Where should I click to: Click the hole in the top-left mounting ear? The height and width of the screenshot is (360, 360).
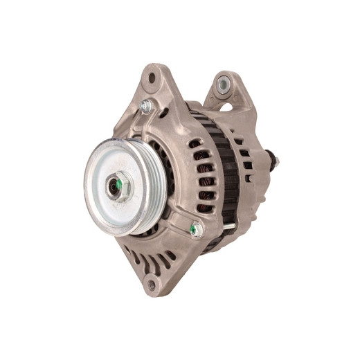coord(152,78)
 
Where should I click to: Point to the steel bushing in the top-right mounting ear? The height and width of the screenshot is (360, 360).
coord(223,84)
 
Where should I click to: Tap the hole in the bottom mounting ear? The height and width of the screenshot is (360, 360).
coord(152,284)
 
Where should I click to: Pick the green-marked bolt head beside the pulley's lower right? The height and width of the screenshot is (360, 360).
coord(196,228)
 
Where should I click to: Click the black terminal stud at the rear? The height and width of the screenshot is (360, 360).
coord(273,164)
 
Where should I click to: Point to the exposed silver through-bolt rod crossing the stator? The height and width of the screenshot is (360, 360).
coord(228,224)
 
